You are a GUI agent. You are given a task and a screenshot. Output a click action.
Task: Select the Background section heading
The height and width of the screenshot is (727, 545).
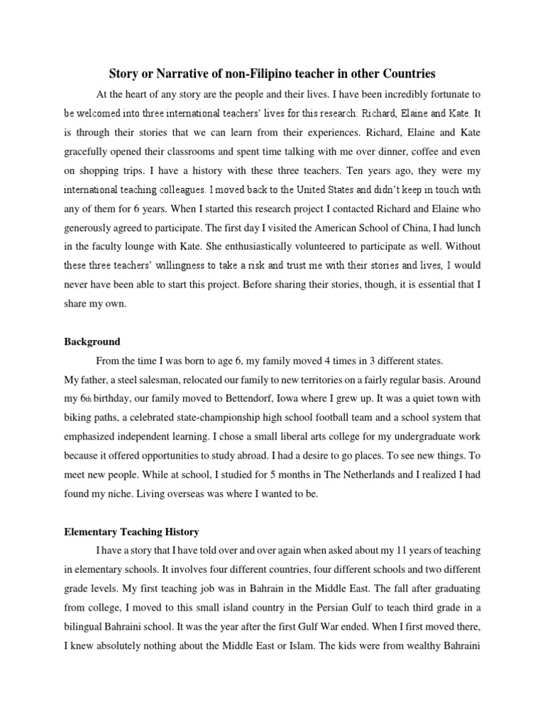92,341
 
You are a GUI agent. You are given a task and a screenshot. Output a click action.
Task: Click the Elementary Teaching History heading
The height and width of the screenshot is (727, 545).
131,531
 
